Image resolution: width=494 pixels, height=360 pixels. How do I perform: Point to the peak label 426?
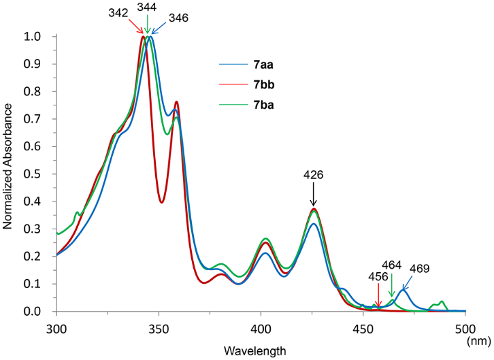pyautogui.click(x=313, y=175)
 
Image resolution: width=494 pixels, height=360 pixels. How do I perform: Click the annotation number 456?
pyautogui.click(x=378, y=277)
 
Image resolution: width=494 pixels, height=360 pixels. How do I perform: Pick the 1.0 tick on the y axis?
pyautogui.click(x=39, y=36)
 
